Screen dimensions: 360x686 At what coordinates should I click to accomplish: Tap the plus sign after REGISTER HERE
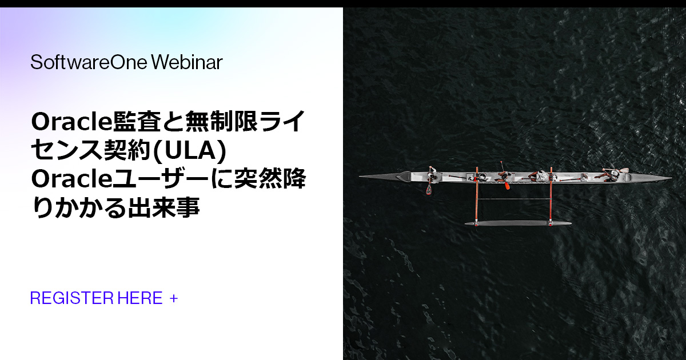coord(174,298)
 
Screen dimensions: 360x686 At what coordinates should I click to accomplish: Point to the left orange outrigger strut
coord(476,197)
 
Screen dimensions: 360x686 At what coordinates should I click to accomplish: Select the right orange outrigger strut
coord(551,197)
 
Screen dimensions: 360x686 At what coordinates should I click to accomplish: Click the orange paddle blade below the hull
coord(429,189)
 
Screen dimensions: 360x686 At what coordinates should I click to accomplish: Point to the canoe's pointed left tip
coord(361,177)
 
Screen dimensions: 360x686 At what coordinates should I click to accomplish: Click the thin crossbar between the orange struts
coord(513,199)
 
